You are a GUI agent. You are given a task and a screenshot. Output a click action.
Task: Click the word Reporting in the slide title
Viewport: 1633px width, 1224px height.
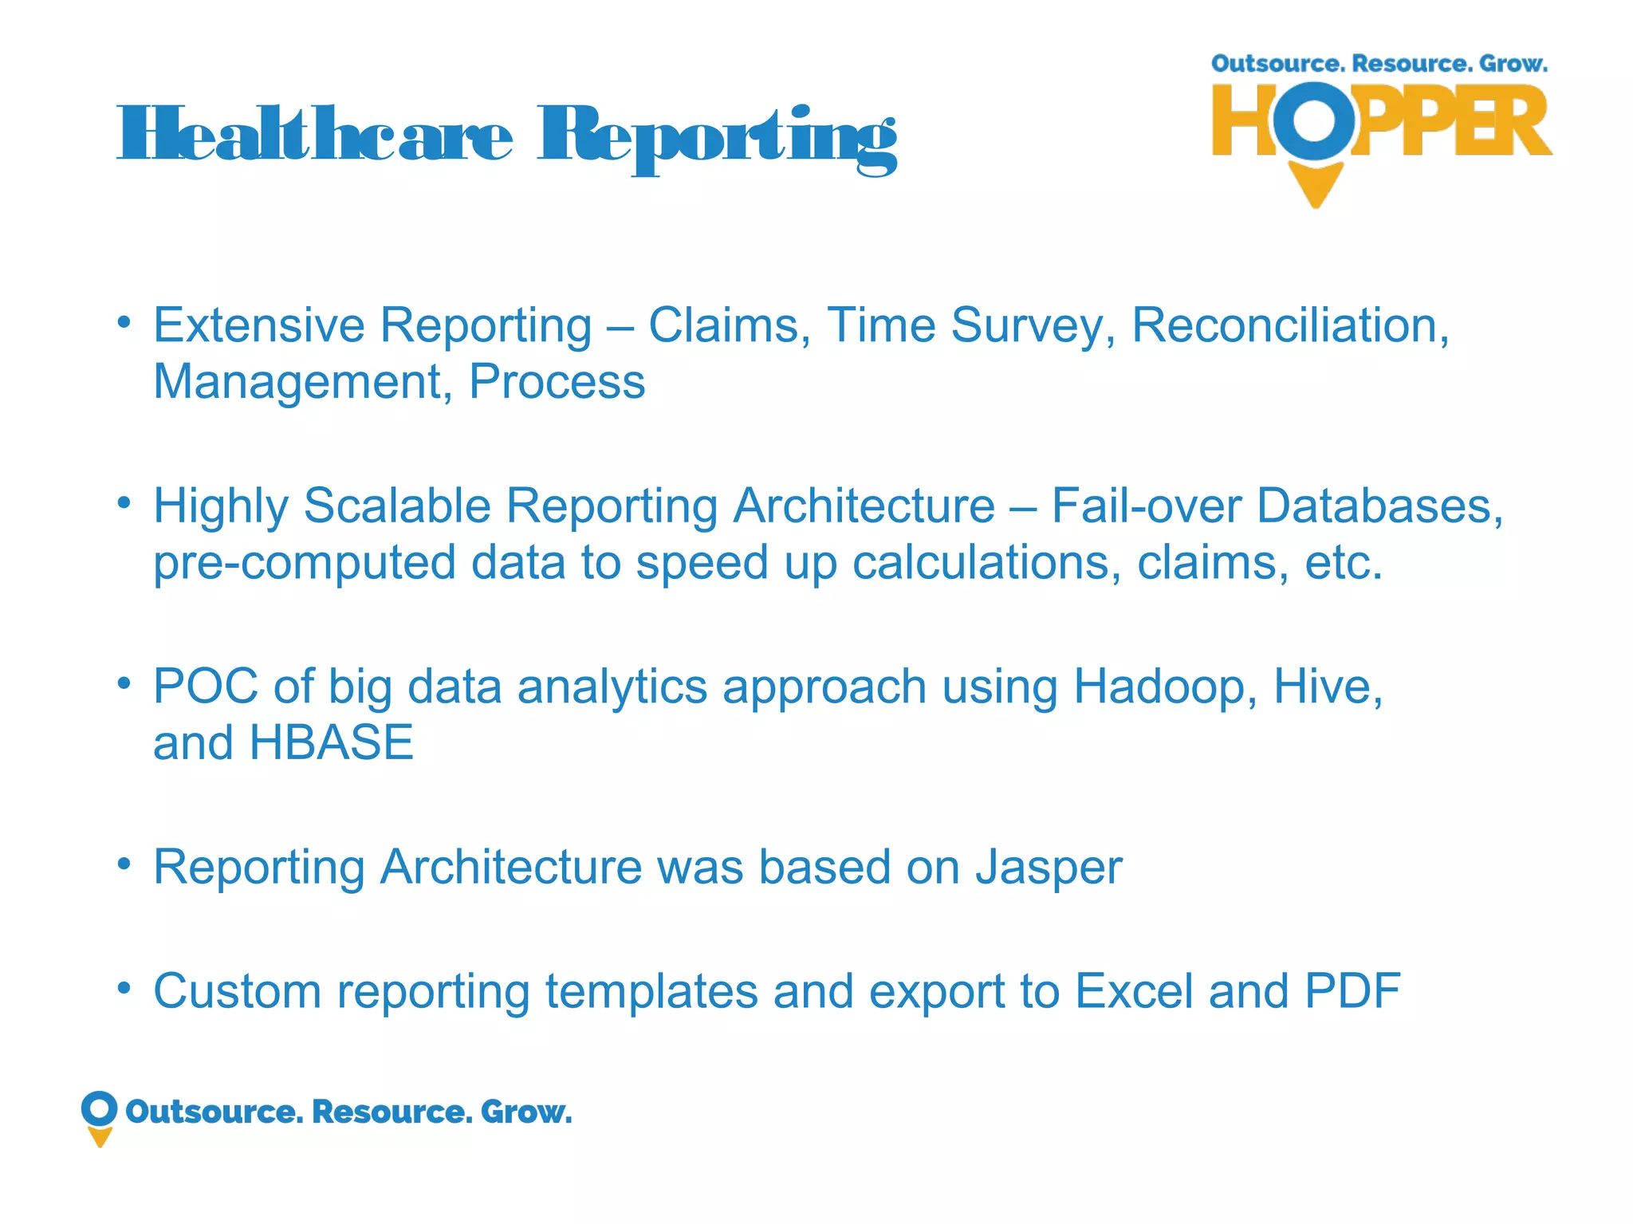coord(717,137)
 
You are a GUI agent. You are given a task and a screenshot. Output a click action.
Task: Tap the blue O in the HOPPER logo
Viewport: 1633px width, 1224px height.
coord(1312,120)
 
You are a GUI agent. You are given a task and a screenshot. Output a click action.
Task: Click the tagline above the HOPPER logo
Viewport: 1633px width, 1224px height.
coord(1379,64)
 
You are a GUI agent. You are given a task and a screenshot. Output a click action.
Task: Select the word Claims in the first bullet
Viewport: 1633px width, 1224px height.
coord(729,325)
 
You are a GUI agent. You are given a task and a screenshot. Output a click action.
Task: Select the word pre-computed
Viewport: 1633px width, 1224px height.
coord(304,562)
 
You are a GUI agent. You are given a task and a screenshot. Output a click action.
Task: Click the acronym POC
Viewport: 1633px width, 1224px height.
coord(206,686)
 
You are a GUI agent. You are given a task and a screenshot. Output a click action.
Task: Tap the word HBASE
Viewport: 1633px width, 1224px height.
coord(331,742)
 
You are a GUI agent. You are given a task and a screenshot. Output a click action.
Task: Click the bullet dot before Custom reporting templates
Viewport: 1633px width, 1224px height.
coord(124,988)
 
